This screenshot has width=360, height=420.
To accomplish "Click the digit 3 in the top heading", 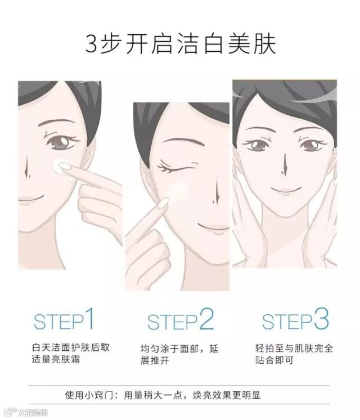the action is pyautogui.click(x=92, y=43).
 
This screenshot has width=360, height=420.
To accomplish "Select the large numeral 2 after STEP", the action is pyautogui.click(x=206, y=318).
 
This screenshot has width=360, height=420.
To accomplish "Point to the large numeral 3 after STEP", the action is pyautogui.click(x=321, y=318).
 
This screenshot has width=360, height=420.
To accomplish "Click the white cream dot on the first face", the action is pyautogui.click(x=59, y=166).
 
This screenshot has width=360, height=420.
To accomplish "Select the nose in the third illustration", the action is pyautogui.click(x=284, y=164).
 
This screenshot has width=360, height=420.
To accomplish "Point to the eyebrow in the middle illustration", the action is pyautogui.click(x=182, y=141).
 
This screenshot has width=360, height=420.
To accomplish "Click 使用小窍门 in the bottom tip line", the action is pyautogui.click(x=88, y=395).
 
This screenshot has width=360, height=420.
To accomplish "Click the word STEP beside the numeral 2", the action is pyautogui.click(x=172, y=322).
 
